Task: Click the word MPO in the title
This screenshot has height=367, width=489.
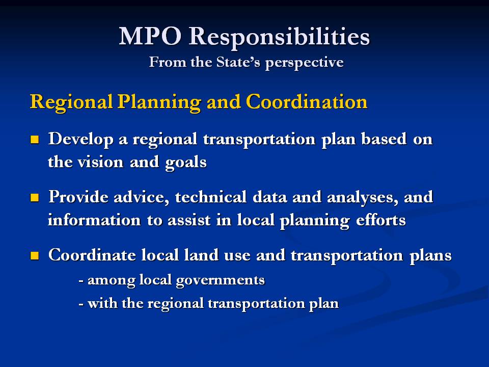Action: (150, 36)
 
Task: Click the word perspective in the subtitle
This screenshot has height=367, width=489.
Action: (305, 63)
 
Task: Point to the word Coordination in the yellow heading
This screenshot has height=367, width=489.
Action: (307, 101)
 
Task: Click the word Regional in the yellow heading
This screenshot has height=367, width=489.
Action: (71, 102)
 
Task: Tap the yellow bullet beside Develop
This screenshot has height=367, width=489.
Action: (35, 139)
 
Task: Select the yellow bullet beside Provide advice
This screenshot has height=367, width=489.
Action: (35, 198)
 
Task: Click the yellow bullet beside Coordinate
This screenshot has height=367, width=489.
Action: (35, 255)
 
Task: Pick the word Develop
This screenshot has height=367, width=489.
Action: (81, 139)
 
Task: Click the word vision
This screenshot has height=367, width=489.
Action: (100, 162)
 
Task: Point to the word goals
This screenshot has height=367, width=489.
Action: (186, 163)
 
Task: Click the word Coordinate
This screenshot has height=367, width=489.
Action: (92, 255)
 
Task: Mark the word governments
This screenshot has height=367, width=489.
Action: (220, 280)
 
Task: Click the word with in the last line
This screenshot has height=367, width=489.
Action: (102, 303)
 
